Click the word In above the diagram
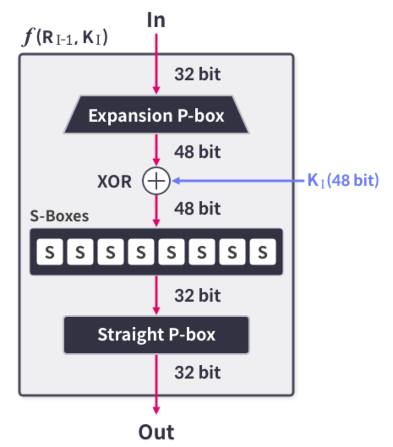pyautogui.click(x=156, y=20)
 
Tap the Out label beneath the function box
pyautogui.click(x=156, y=432)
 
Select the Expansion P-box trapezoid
pyautogui.click(x=156, y=115)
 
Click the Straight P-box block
pyautogui.click(x=156, y=335)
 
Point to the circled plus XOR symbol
pyautogui.click(x=156, y=181)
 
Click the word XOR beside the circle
pyautogui.click(x=114, y=182)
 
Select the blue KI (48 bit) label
pyautogui.click(x=343, y=181)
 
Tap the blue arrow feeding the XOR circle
pyautogui.click(x=237, y=181)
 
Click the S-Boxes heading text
pyautogui.click(x=60, y=216)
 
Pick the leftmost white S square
pyautogui.click(x=50, y=252)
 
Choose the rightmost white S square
pyautogui.click(x=262, y=252)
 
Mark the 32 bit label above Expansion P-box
pyautogui.click(x=197, y=74)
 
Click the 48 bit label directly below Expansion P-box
pyautogui.click(x=197, y=151)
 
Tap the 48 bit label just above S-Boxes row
pyautogui.click(x=197, y=208)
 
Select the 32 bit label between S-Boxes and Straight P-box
pyautogui.click(x=197, y=295)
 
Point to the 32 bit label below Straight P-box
pyautogui.click(x=197, y=372)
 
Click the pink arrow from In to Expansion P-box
pyautogui.click(x=156, y=63)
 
